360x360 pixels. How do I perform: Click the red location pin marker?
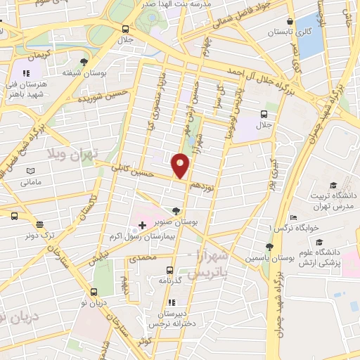pyautogui.click(x=181, y=165)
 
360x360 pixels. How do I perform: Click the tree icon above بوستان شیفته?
pyautogui.click(x=84, y=62)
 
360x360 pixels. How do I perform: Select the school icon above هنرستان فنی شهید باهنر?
pyautogui.click(x=26, y=72)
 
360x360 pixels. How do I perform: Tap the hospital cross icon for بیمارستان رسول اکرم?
pyautogui.click(x=142, y=225)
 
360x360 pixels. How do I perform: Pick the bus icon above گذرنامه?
pyautogui.click(x=169, y=269)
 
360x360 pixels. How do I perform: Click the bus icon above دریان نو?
pyautogui.click(x=94, y=292)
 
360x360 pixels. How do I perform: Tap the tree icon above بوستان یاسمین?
pyautogui.click(x=269, y=247)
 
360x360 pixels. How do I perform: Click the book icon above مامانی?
pyautogui.click(x=30, y=171)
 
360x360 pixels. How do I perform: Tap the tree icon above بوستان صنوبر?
pyautogui.click(x=175, y=210)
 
